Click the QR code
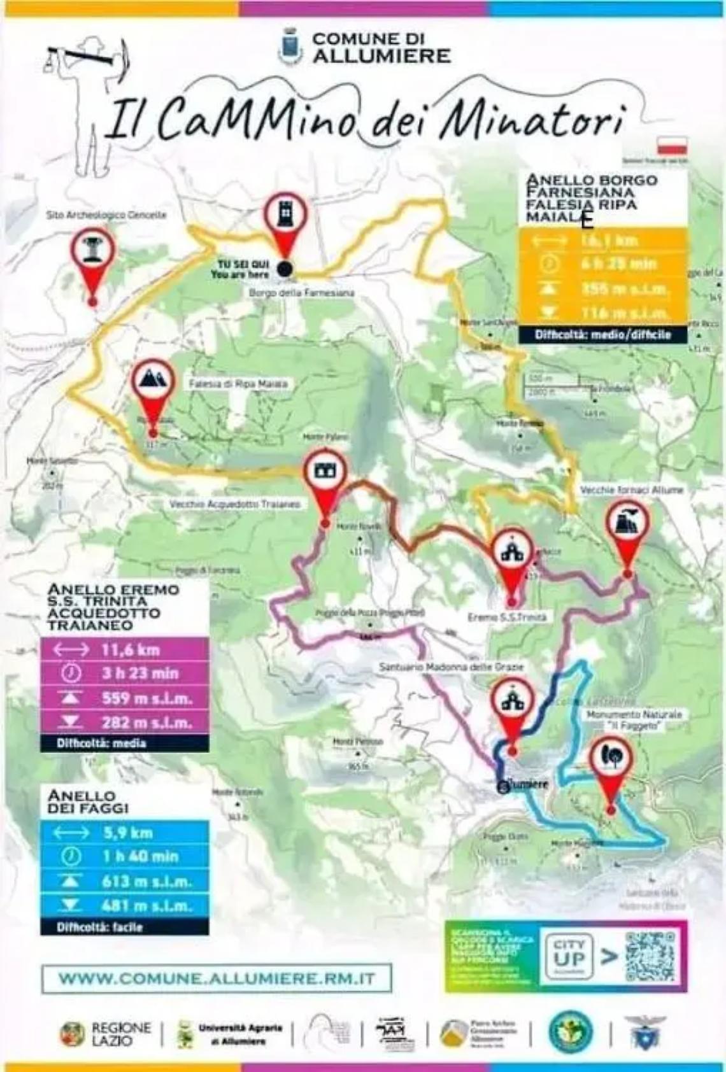click(x=650, y=956)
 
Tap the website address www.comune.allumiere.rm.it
click(x=217, y=978)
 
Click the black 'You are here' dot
click(x=285, y=269)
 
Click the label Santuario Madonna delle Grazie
click(x=452, y=666)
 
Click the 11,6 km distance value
click(x=130, y=650)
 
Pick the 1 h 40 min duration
click(x=140, y=856)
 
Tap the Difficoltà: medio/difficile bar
click(x=602, y=334)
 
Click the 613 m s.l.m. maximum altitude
click(x=146, y=881)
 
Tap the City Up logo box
click(x=569, y=956)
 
